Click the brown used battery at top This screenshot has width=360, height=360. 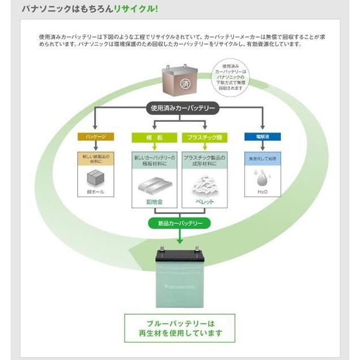click(179, 81)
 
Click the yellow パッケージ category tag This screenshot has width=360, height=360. click(95, 137)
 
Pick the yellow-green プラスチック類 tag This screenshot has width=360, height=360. click(203, 137)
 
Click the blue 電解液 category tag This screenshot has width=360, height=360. click(262, 137)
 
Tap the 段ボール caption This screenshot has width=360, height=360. click(95, 192)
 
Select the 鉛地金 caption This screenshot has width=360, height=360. click(153, 201)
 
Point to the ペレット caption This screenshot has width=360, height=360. click(204, 201)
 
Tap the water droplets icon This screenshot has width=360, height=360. click(262, 177)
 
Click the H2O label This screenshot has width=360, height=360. click(262, 192)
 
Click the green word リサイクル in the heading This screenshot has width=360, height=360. click(137, 9)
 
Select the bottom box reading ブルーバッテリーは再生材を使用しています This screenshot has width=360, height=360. click(179, 328)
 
